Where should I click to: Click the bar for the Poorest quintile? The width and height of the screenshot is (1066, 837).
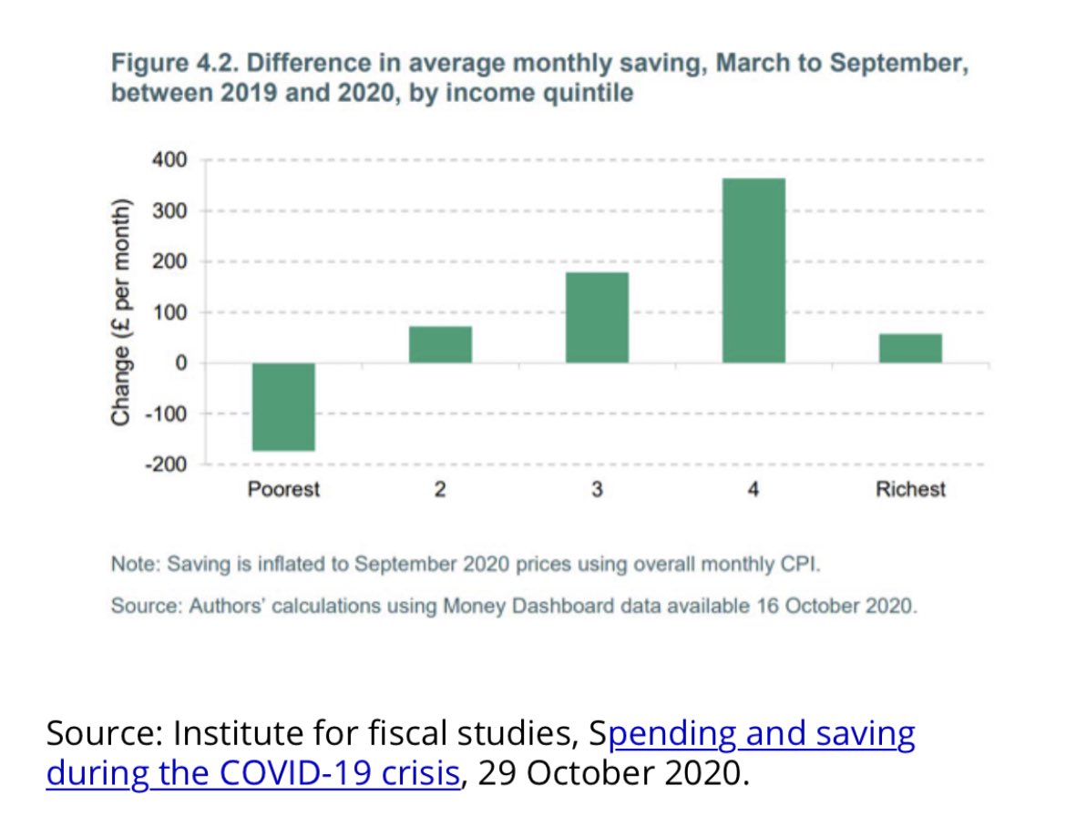[283, 406]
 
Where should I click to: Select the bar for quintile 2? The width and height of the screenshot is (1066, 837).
[440, 344]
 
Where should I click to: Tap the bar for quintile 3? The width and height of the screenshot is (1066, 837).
[597, 318]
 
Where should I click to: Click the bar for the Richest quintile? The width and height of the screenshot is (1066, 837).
[910, 348]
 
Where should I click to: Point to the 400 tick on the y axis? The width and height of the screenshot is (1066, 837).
[171, 160]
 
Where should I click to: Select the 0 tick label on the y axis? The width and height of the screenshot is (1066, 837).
[181, 363]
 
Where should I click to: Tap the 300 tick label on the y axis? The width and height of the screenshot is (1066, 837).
[171, 211]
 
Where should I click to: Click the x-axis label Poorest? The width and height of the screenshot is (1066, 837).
[283, 490]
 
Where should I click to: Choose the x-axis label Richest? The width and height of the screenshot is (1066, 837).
[910, 490]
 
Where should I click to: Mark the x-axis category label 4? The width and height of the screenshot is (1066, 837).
[753, 490]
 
